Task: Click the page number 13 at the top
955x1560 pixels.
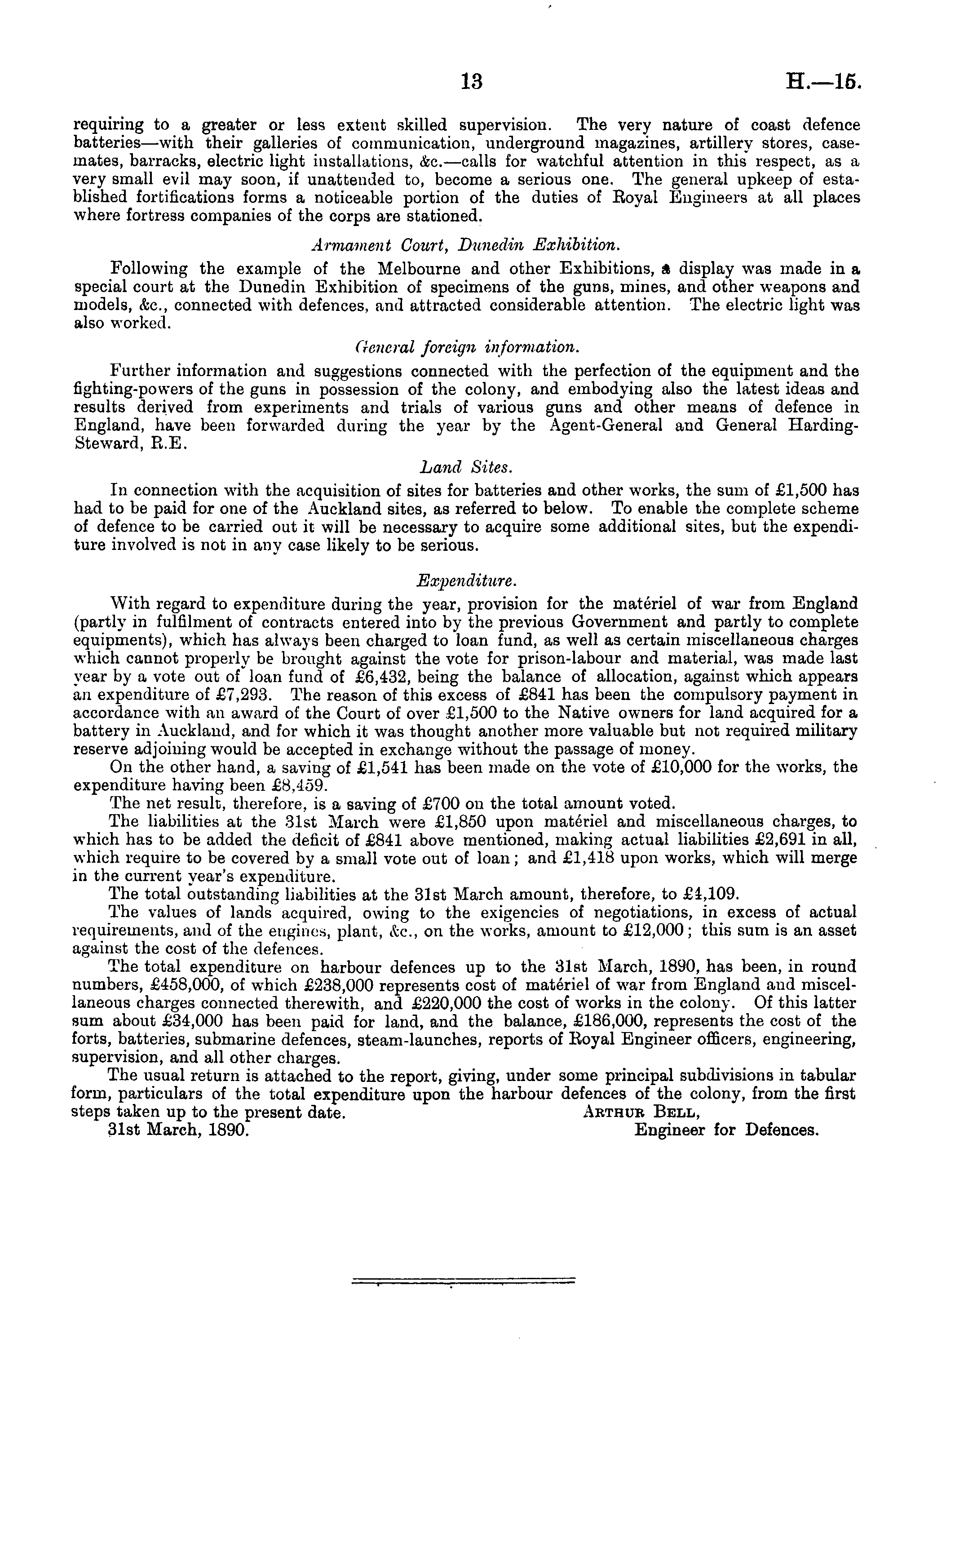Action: tap(472, 82)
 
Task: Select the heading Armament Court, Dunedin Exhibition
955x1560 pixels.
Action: tap(464, 245)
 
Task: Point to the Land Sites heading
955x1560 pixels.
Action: tap(466, 467)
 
